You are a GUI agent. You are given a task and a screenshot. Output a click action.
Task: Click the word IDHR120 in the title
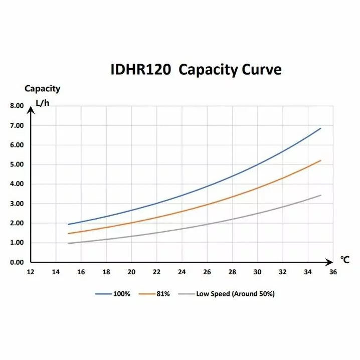(x=141, y=69)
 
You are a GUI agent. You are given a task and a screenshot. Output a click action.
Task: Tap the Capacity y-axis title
(x=42, y=89)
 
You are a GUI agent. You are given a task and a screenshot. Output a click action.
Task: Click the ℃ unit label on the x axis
(x=344, y=260)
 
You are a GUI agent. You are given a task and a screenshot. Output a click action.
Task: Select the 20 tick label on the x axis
(x=131, y=272)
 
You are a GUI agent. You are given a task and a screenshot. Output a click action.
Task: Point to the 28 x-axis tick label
(x=232, y=272)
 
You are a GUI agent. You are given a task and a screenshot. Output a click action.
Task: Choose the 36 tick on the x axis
(x=333, y=272)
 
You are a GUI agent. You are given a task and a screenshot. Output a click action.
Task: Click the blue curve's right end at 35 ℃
(x=320, y=128)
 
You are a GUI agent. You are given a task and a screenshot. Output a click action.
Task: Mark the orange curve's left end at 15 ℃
(x=68, y=234)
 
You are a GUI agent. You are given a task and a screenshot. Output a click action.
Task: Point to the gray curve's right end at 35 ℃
(x=320, y=195)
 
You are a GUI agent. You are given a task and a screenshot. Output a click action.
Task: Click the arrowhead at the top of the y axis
(x=31, y=109)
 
